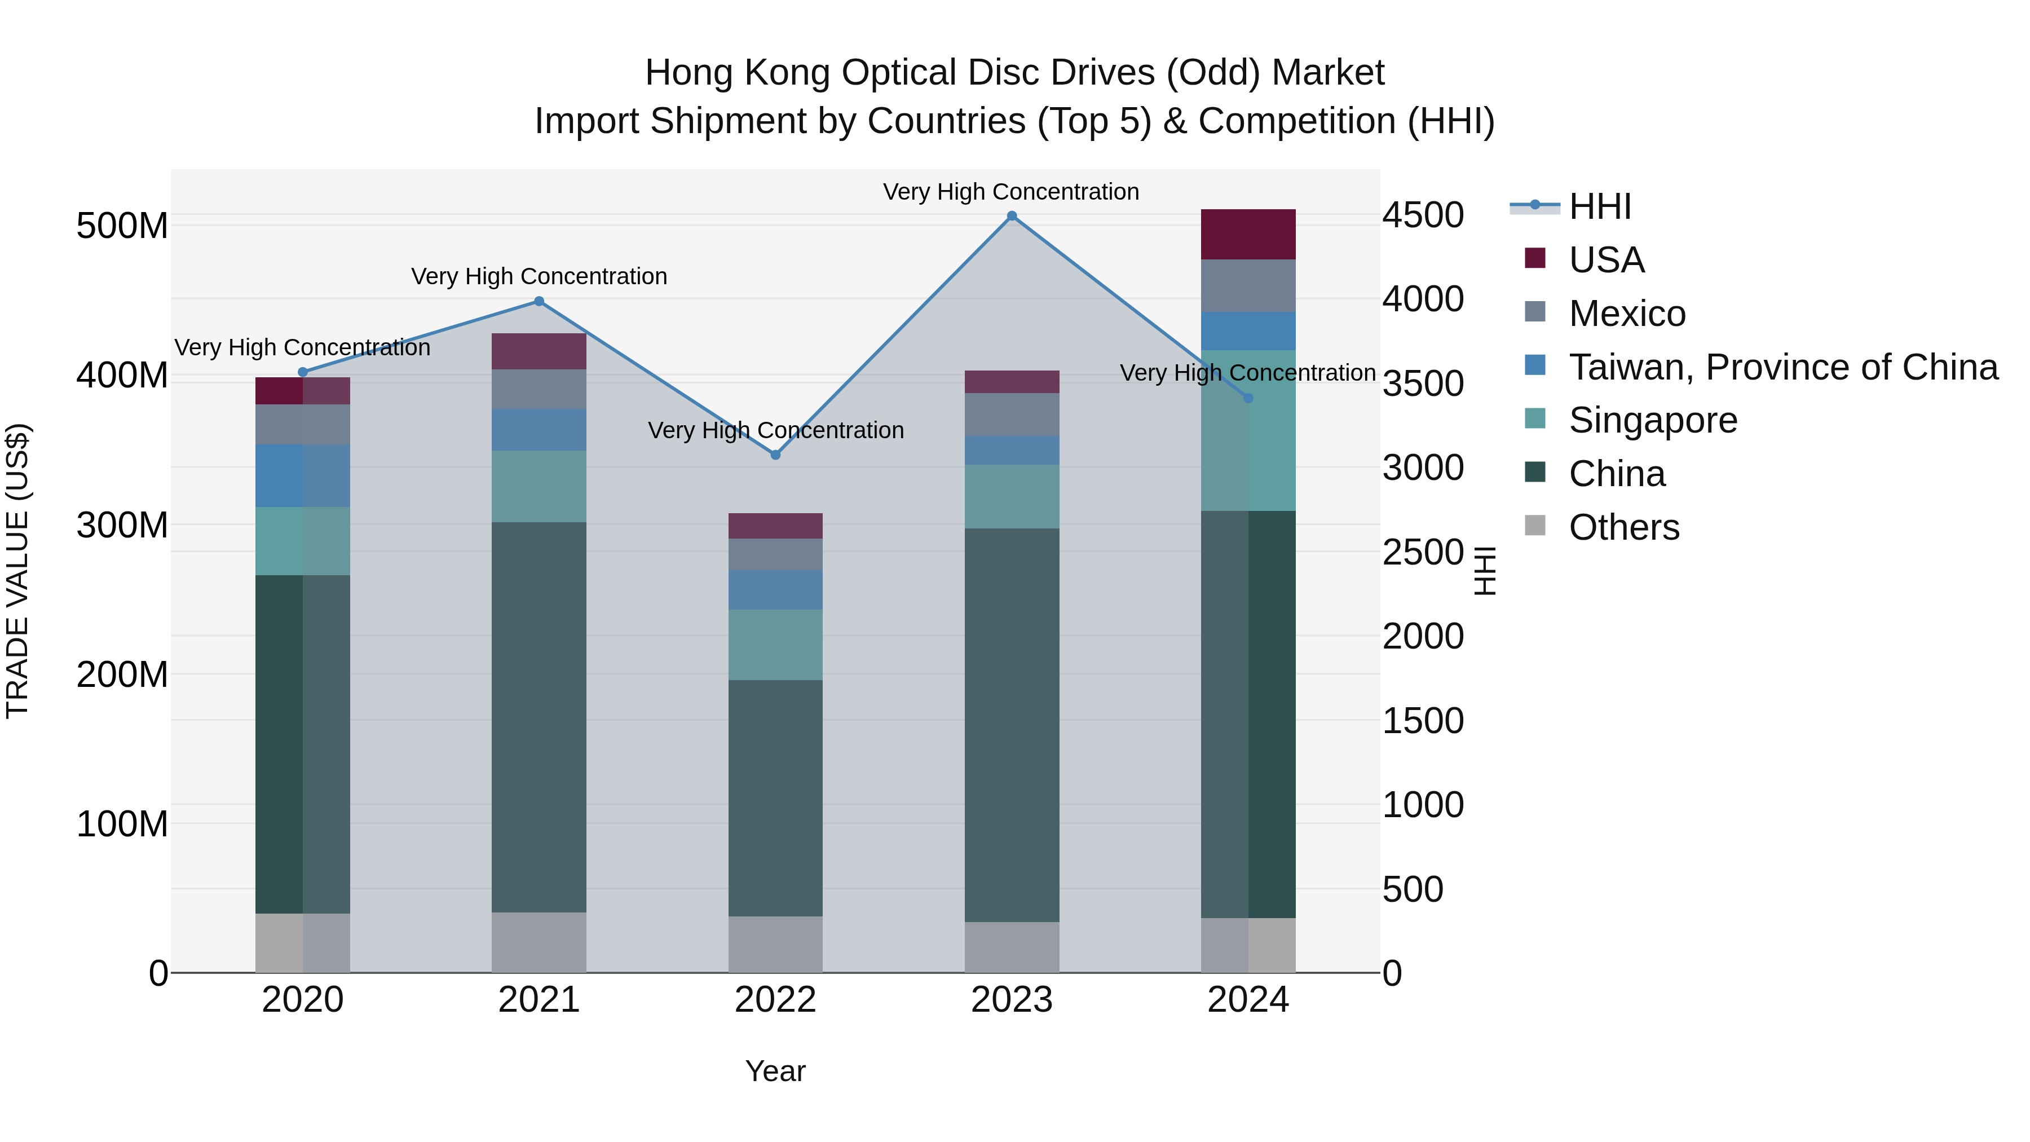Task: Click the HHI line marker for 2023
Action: [x=1012, y=216]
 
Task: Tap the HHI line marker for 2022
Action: [x=775, y=455]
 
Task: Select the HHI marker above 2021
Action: [x=539, y=301]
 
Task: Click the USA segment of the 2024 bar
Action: [x=1248, y=234]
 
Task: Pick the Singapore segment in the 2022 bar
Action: [x=775, y=645]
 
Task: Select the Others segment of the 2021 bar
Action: [x=539, y=942]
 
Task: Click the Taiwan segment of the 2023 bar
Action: [x=1012, y=450]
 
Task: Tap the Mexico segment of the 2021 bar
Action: [x=539, y=389]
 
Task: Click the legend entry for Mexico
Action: [x=1626, y=314]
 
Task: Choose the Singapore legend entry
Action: [x=1653, y=420]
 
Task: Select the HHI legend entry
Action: [x=1599, y=206]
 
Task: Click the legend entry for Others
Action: [x=1623, y=527]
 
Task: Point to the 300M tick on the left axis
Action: [x=122, y=525]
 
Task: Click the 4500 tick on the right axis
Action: [x=1423, y=215]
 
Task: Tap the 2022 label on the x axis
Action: [x=775, y=1000]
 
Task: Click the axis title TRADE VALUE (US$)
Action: [x=17, y=571]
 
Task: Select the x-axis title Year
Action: [x=775, y=1071]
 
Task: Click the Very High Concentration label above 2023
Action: [x=1011, y=192]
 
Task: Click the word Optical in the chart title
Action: [x=898, y=73]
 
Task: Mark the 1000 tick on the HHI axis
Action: [x=1423, y=805]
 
